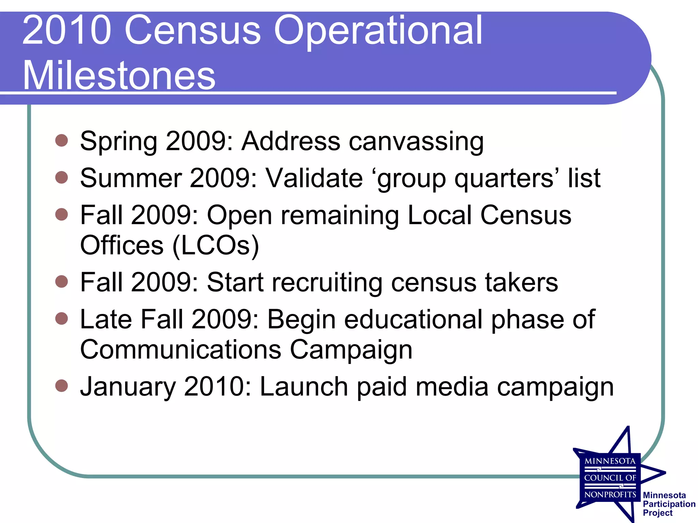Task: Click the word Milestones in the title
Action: tap(119, 75)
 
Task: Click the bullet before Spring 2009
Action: tap(62, 140)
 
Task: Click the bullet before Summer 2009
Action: tap(62, 177)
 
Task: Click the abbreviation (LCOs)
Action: tap(216, 245)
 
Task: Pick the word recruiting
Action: tap(327, 283)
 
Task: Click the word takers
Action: tap(521, 282)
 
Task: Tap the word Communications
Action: tap(181, 349)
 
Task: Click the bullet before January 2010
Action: tap(62, 386)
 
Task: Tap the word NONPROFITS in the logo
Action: tap(610, 494)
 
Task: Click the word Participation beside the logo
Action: tap(669, 504)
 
